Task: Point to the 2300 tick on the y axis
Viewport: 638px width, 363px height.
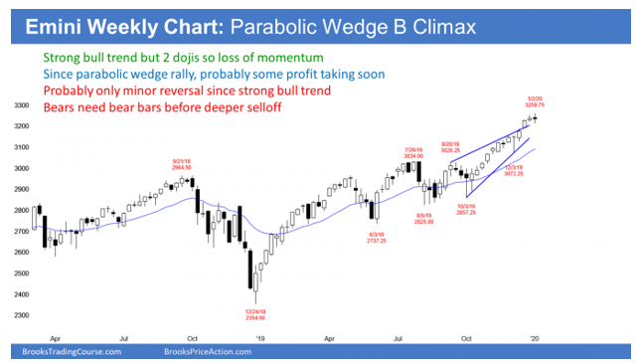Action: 20,315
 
